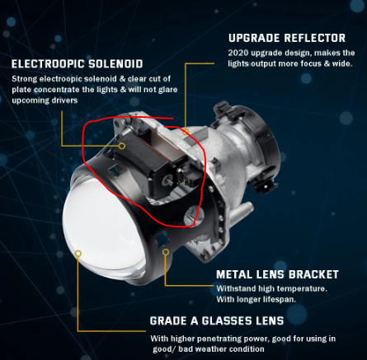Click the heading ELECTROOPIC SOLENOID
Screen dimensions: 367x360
pos(78,64)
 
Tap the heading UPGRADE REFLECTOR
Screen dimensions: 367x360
pos(287,38)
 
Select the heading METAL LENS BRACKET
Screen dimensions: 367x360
pos(277,274)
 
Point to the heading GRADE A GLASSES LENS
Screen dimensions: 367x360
pos(217,320)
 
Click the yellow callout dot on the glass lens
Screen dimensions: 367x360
pos(78,253)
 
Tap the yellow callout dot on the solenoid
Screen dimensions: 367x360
pos(122,146)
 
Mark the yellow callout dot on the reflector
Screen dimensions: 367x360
pos(186,132)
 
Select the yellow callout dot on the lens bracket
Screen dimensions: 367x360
pos(166,252)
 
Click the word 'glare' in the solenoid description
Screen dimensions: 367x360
pos(168,90)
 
